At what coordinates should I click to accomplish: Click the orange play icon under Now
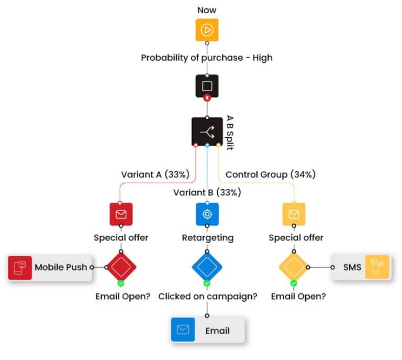point(207,30)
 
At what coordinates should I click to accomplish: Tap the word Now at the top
point(207,10)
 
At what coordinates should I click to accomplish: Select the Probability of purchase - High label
point(207,58)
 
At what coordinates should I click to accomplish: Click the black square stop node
point(207,86)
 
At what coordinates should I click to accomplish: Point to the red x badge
point(207,98)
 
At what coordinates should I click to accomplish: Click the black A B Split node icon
point(207,132)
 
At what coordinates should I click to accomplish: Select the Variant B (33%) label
point(207,192)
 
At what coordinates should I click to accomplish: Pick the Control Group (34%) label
point(270,174)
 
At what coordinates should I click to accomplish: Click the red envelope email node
point(121,214)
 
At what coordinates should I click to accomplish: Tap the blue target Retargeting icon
point(207,214)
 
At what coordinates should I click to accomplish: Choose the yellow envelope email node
point(294,214)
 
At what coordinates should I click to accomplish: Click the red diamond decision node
point(121,267)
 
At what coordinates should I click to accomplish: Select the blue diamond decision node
point(207,267)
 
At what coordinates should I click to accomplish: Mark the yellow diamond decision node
point(294,267)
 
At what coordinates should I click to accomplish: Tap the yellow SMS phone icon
point(377,267)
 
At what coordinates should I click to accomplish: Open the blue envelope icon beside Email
point(183,330)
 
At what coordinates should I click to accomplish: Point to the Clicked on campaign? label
point(207,297)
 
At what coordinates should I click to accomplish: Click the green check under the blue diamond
point(207,283)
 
